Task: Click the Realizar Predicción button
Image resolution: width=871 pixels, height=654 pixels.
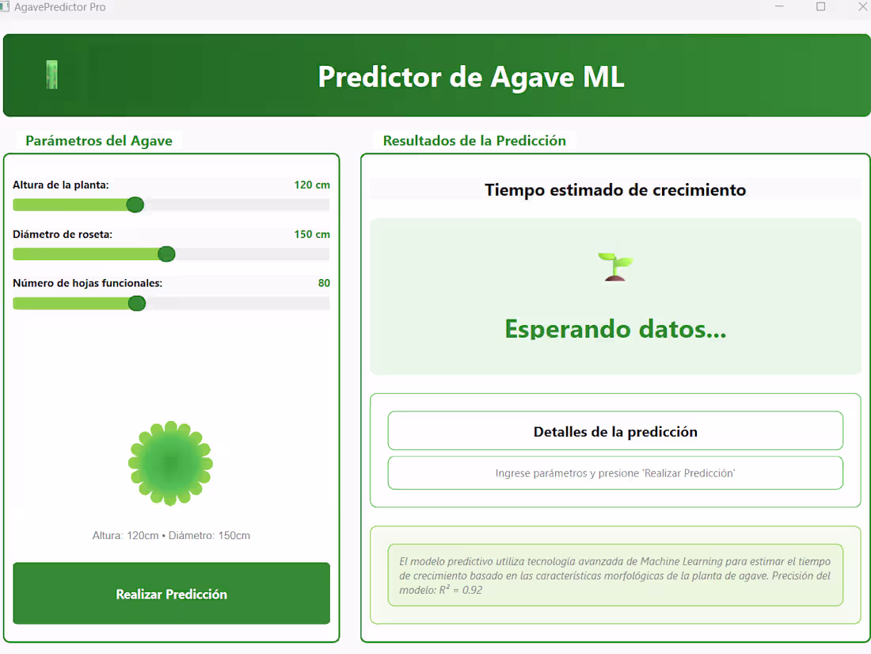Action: [171, 594]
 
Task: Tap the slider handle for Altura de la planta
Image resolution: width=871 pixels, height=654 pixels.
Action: [135, 205]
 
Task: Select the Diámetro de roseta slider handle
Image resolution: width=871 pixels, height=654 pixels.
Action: [166, 254]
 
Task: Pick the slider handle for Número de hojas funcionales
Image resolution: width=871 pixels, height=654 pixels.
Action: [137, 304]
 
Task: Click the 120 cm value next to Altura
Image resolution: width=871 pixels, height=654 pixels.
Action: [312, 185]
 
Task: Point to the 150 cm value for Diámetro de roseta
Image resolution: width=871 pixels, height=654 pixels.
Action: [312, 234]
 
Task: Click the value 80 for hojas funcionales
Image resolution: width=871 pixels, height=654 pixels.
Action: [324, 283]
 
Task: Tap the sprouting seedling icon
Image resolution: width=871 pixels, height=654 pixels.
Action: [615, 266]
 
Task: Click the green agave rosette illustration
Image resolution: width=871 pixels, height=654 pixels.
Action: [170, 463]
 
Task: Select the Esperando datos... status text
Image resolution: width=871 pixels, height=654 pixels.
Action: [615, 328]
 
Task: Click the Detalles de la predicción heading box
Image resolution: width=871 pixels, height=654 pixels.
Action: [615, 431]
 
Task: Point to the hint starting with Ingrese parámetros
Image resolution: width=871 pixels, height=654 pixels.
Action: [615, 473]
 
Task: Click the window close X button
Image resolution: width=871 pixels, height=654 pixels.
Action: [862, 7]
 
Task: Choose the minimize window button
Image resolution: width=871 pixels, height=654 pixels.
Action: [779, 7]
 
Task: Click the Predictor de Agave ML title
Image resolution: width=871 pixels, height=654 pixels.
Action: [471, 77]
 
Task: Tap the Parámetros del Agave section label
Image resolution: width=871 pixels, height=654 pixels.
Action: [99, 141]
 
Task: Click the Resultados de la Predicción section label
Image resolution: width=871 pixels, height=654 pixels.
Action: [474, 141]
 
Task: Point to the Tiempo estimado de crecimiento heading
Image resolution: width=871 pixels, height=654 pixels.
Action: [615, 190]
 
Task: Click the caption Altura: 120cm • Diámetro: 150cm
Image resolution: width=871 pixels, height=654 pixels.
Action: [171, 536]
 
